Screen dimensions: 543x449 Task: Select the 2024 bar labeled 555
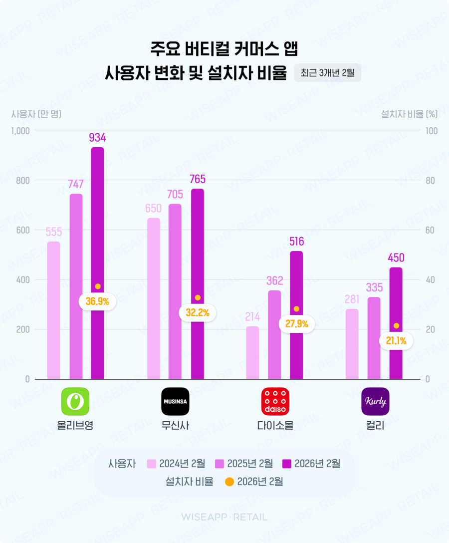[x=53, y=310]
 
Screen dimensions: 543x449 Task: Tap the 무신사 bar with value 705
[x=175, y=291]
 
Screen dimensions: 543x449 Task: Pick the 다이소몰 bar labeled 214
[x=253, y=352]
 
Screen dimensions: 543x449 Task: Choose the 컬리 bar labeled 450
[x=396, y=323]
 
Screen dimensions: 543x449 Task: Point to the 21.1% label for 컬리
[x=396, y=341]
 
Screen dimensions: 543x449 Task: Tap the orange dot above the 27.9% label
[x=296, y=309]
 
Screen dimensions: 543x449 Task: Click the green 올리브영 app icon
[x=75, y=401]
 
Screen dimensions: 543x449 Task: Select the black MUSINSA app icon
[x=175, y=401]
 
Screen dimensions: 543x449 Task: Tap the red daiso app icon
[x=275, y=401]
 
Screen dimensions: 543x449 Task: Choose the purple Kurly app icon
[x=375, y=401]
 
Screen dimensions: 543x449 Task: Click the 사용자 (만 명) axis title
[x=36, y=114]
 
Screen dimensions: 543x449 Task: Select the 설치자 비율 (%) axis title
[x=409, y=114]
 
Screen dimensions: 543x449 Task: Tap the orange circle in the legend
[x=229, y=482]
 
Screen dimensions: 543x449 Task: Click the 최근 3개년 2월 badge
[x=327, y=73]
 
